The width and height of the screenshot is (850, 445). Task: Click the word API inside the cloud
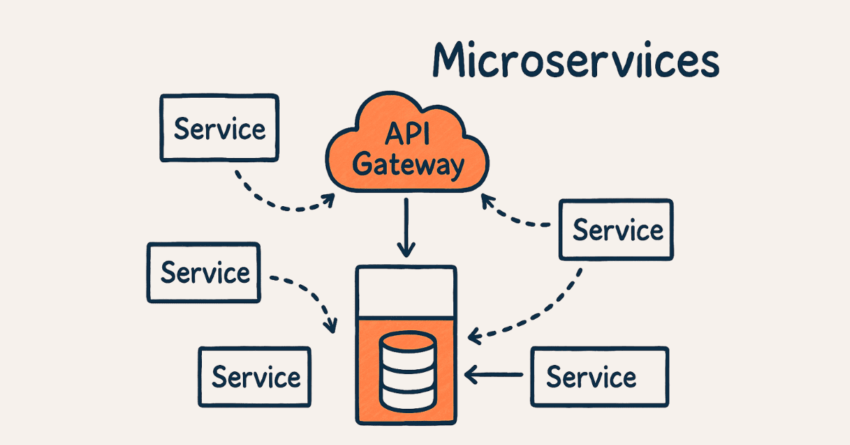pyautogui.click(x=407, y=135)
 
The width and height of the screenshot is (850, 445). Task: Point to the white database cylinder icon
pyautogui.click(x=406, y=370)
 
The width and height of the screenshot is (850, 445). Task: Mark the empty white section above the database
pyautogui.click(x=405, y=292)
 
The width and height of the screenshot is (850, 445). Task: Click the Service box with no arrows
pyautogui.click(x=254, y=376)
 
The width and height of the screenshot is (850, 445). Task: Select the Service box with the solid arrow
pyautogui.click(x=599, y=376)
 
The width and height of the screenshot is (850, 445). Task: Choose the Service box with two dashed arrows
pyautogui.click(x=616, y=230)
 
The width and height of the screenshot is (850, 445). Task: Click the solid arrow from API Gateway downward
pyautogui.click(x=406, y=227)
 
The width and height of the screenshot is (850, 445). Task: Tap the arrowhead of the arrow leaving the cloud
pyautogui.click(x=406, y=251)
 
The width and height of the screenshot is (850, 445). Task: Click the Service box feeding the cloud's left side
pyautogui.click(x=219, y=128)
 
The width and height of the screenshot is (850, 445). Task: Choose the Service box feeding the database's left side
pyautogui.click(x=204, y=273)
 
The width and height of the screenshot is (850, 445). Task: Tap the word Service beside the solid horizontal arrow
pyautogui.click(x=591, y=376)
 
